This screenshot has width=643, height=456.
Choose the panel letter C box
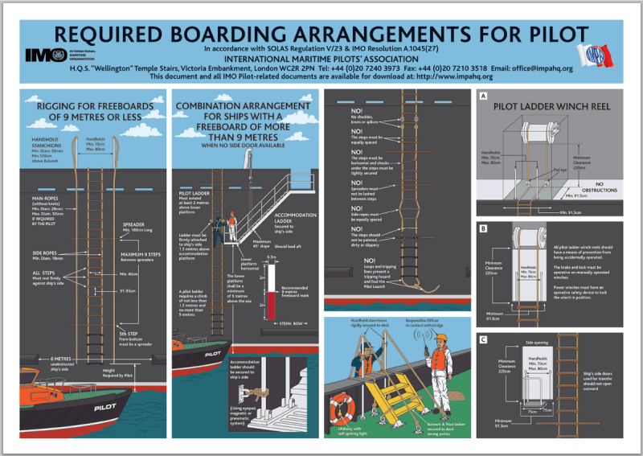[482, 339]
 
